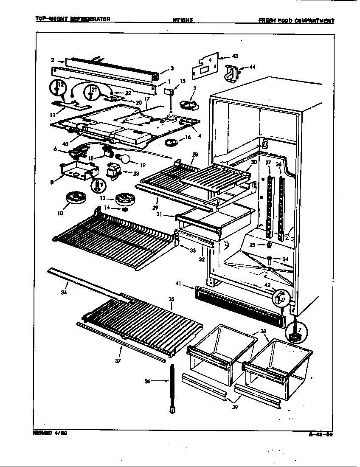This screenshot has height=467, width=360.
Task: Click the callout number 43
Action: click(235, 56)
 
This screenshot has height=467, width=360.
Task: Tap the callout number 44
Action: click(252, 67)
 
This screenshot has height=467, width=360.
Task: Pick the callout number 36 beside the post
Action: click(147, 382)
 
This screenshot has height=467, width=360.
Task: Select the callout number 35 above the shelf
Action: click(172, 299)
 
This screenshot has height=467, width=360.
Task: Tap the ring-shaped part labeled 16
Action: click(172, 142)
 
